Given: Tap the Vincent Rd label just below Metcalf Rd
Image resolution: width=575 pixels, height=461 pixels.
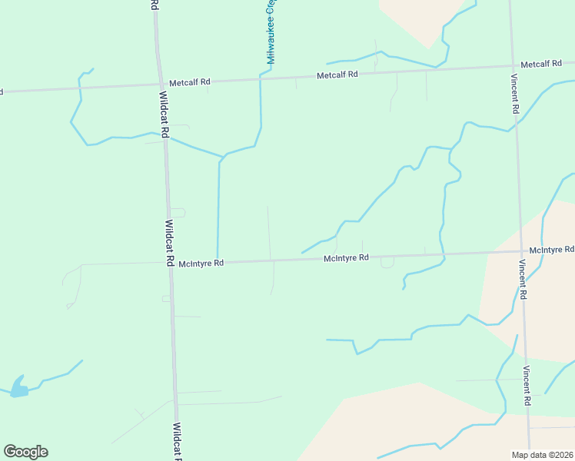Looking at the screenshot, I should point(514,94).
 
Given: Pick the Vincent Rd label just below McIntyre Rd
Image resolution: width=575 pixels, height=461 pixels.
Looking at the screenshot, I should point(522,280).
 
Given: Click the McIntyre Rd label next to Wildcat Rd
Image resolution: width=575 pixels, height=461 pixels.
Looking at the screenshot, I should point(201,263).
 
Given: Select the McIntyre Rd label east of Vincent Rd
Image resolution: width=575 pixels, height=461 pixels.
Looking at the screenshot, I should point(552,250).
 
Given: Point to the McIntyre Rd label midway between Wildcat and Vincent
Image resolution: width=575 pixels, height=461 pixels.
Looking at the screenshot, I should point(346,258).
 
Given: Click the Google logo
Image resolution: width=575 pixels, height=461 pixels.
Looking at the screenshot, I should point(25,452).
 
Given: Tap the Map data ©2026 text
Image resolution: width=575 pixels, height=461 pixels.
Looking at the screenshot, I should point(543,454).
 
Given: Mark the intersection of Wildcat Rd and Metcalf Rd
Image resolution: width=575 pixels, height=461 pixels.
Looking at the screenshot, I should point(160,82).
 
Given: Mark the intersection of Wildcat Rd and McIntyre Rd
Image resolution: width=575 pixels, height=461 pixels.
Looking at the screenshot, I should point(170,263).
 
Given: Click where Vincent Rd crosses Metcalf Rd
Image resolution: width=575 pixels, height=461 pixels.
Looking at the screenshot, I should point(513,65).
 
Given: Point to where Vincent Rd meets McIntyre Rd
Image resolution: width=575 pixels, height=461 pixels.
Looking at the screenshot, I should point(520,251).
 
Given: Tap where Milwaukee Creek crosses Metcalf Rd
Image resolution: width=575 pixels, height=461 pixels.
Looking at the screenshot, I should point(261,78).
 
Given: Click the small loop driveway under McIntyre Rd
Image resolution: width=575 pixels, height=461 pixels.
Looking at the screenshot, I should point(387,263).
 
